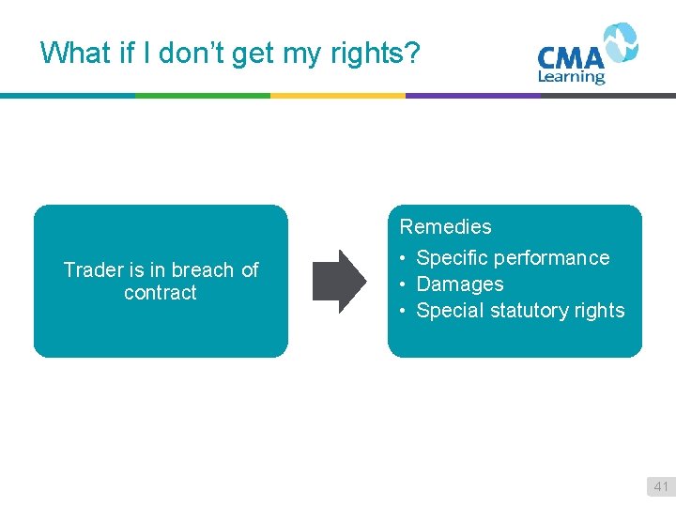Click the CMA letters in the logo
[570, 56]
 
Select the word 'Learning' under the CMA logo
[571, 77]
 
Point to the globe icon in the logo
[620, 43]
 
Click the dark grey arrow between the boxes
[339, 281]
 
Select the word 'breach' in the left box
[202, 270]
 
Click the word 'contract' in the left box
[161, 293]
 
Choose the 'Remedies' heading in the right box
[445, 226]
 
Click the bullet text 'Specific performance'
[513, 257]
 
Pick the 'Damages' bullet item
[459, 284]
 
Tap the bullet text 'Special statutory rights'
[520, 310]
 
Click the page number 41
[661, 486]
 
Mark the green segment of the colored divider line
[202, 95]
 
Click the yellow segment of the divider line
[337, 95]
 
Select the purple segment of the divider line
[472, 95]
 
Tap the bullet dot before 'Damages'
[402, 284]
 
